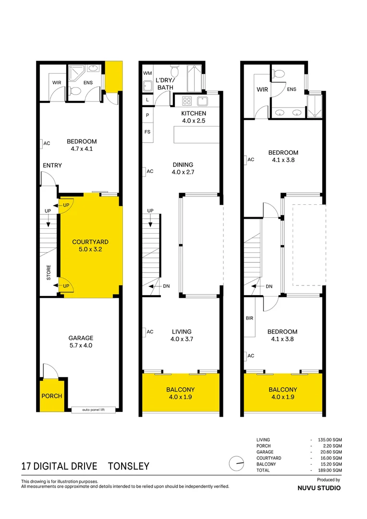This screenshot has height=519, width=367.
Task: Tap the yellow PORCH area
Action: (x=51, y=396)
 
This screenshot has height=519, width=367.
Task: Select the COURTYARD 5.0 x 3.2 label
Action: (x=90, y=246)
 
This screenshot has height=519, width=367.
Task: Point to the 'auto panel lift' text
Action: (x=93, y=410)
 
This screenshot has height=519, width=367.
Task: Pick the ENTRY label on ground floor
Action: (x=52, y=166)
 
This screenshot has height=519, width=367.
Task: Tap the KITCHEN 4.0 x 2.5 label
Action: (x=193, y=117)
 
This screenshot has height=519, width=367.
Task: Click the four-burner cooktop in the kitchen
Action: (x=186, y=101)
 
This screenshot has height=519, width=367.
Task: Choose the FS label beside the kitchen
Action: (x=147, y=132)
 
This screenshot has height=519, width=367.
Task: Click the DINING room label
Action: (x=183, y=168)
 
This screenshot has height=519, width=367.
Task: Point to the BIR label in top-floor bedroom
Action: (x=249, y=319)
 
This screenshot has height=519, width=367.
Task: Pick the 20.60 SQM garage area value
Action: (x=331, y=452)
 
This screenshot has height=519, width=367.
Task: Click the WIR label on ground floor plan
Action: (x=56, y=83)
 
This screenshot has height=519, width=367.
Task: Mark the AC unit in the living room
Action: (x=149, y=332)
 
